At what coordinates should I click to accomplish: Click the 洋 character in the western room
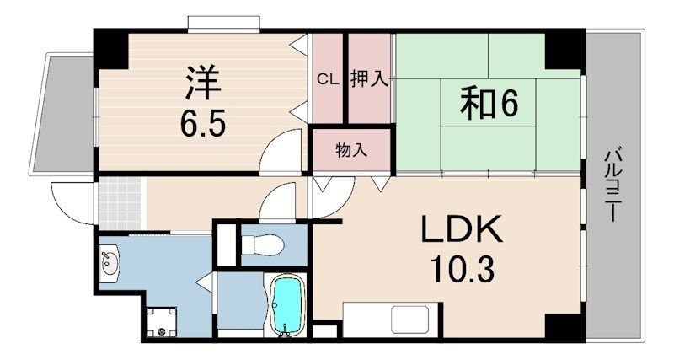tap(202, 82)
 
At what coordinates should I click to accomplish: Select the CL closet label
tap(327, 80)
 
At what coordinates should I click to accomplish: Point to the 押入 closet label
tap(369, 80)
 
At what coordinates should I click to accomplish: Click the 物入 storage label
tap(351, 151)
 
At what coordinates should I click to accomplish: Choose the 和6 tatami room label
tap(487, 104)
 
